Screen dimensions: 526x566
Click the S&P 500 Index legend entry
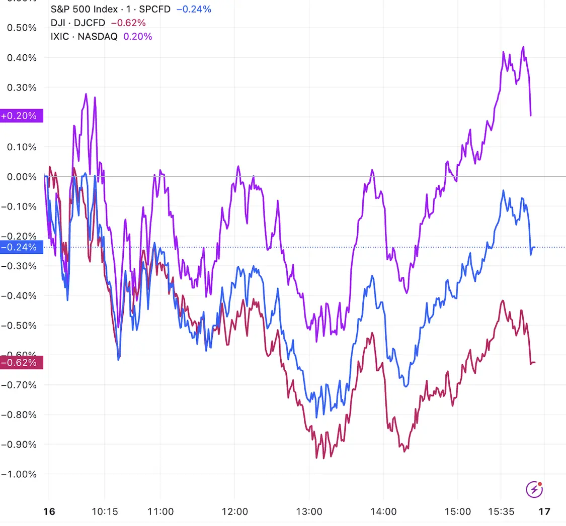pyautogui.click(x=111, y=9)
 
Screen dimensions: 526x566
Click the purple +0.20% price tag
pyautogui.click(x=22, y=116)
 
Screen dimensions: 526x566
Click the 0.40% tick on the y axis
pyautogui.click(x=22, y=58)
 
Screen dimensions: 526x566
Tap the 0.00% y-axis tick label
pyautogui.click(x=22, y=177)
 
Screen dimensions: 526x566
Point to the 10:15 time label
pyautogui.click(x=105, y=512)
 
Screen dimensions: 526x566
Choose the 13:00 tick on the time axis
pyautogui.click(x=309, y=512)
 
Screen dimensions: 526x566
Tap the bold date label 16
pyautogui.click(x=49, y=512)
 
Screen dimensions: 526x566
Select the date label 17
pyautogui.click(x=544, y=512)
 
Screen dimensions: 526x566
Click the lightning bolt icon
pyautogui.click(x=534, y=489)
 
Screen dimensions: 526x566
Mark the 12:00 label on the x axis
pyautogui.click(x=235, y=512)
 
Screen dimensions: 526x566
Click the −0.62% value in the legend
pyautogui.click(x=128, y=23)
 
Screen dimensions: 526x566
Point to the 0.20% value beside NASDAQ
pyautogui.click(x=137, y=36)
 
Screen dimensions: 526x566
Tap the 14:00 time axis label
pyautogui.click(x=383, y=512)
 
